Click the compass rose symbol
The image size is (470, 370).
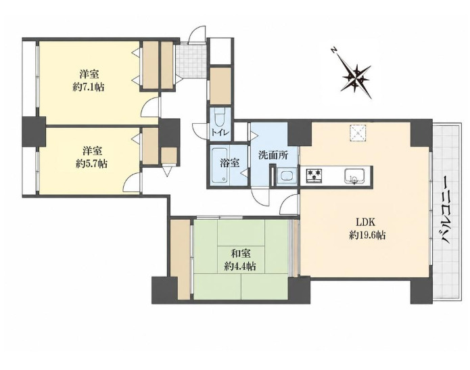(x=356, y=76)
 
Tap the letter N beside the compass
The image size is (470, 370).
(x=333, y=50)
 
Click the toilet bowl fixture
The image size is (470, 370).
(x=220, y=118)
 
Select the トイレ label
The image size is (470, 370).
(x=220, y=132)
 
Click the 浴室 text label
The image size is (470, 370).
(x=230, y=163)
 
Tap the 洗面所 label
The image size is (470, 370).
(x=274, y=156)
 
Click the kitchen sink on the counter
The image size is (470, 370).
(x=354, y=176)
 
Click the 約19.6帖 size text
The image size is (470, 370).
(x=367, y=235)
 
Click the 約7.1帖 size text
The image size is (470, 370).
(x=89, y=87)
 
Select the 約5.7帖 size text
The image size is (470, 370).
(x=91, y=164)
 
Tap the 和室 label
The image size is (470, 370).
(x=241, y=254)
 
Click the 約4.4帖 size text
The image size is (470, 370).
(x=240, y=267)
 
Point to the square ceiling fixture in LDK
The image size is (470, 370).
(x=358, y=132)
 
